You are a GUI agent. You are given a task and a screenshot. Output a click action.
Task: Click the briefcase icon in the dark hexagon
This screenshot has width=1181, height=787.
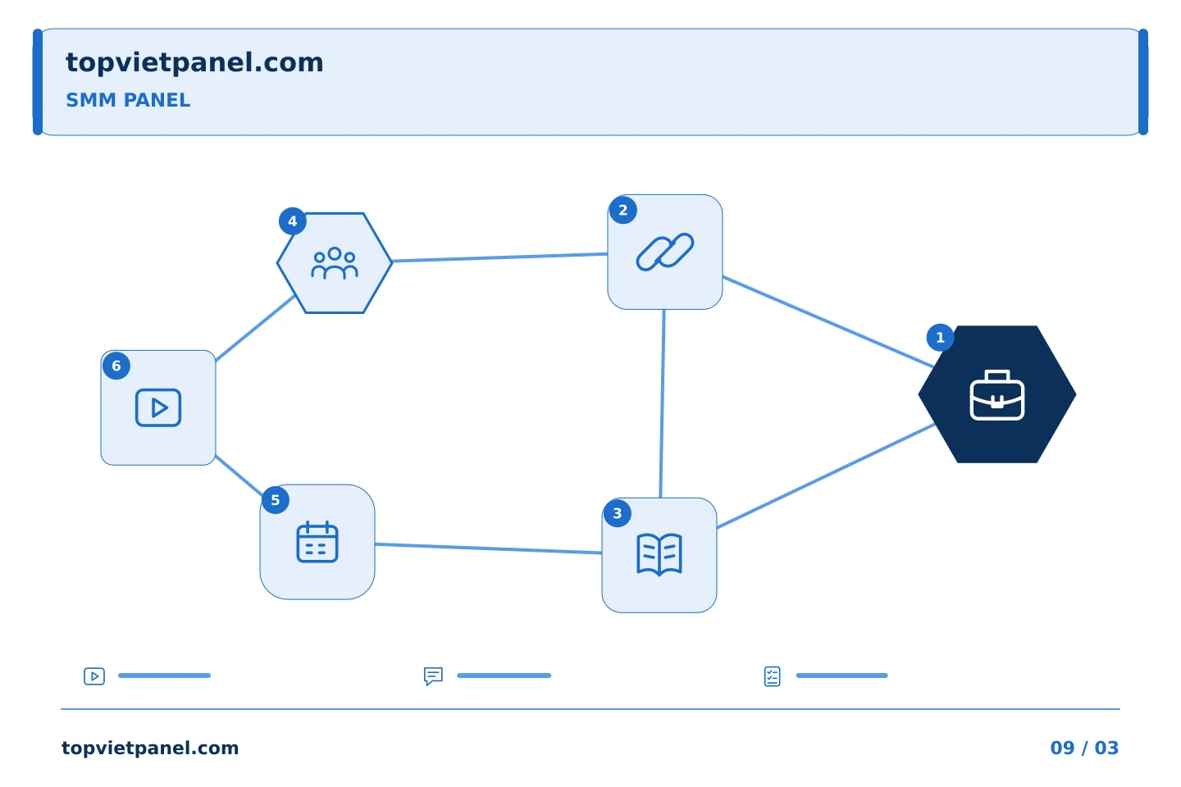point(997,395)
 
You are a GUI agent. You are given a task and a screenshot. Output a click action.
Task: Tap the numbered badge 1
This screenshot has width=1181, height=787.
point(940,338)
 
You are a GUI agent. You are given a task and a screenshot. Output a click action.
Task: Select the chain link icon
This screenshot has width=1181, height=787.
point(665,252)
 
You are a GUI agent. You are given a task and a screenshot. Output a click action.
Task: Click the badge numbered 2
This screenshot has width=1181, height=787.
point(622,211)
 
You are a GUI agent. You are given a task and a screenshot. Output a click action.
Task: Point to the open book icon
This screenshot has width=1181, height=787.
point(659,554)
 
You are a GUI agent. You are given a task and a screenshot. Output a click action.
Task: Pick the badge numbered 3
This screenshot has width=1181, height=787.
point(618,513)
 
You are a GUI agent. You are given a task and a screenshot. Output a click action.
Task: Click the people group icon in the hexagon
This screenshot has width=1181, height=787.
point(335,263)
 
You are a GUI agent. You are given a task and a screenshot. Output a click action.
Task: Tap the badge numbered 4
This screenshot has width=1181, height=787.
point(293,221)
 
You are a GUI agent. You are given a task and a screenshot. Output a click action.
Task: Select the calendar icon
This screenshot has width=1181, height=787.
point(317,542)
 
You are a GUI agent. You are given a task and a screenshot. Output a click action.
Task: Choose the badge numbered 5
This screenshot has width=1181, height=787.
point(276,500)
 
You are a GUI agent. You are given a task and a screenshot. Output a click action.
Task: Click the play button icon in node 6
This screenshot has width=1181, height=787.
point(158,407)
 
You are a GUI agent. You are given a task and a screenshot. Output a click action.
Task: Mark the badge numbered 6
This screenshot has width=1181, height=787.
point(116,366)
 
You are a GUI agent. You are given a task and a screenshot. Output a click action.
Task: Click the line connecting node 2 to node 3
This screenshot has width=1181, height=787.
point(662,403)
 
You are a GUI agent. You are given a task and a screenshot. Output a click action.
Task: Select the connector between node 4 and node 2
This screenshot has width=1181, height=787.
point(499,257)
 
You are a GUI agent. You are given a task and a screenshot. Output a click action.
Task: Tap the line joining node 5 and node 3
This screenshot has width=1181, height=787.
point(488,548)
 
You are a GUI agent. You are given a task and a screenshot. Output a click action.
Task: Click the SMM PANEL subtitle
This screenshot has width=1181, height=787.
point(128,100)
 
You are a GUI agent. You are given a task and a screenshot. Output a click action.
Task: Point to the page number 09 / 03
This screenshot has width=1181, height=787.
point(1084,748)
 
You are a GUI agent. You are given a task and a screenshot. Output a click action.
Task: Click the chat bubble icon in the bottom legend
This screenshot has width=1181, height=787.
point(433,676)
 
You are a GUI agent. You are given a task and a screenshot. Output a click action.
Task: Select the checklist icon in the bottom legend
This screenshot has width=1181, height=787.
point(773,676)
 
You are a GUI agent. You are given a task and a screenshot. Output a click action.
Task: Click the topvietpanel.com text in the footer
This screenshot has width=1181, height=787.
point(150,748)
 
